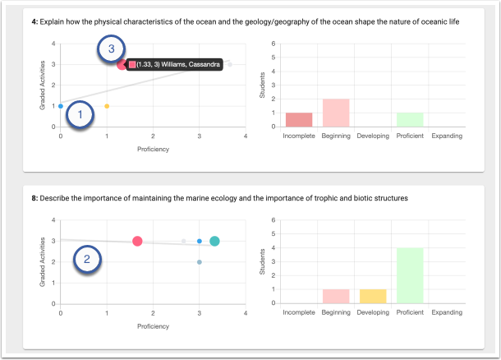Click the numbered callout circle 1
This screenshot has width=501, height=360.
click(80, 116)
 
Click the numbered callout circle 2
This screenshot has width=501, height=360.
click(88, 261)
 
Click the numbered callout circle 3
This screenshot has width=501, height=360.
click(111, 50)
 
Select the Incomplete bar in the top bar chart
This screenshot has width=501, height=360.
click(298, 119)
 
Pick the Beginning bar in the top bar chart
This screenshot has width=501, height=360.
click(335, 113)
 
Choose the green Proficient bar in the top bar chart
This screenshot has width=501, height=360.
click(409, 119)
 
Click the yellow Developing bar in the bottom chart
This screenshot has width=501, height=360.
click(372, 296)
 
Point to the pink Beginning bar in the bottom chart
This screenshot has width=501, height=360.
click(335, 296)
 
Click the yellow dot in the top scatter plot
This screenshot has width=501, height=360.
click(107, 106)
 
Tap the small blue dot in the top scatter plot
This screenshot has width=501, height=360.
click(61, 106)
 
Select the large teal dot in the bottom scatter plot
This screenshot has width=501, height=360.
click(214, 241)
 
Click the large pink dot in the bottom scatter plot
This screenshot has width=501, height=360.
click(137, 241)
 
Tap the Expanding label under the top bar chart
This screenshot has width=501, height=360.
click(446, 136)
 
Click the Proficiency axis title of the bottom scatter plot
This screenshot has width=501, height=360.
click(153, 326)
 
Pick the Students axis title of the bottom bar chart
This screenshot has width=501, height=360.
click(263, 262)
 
